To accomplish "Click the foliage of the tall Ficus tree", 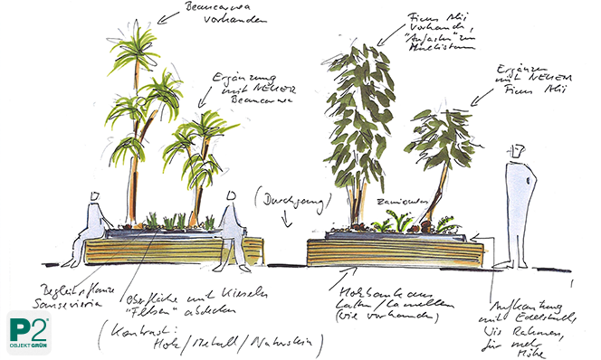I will [362, 99].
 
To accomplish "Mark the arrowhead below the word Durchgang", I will [288, 223].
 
